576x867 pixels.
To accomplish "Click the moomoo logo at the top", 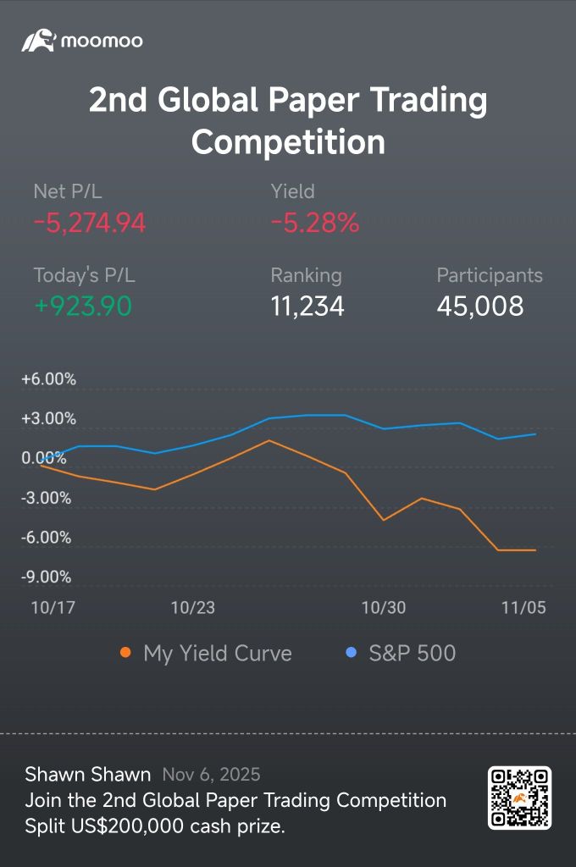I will pyautogui.click(x=82, y=41).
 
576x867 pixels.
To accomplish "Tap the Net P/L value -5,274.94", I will pyautogui.click(x=90, y=223).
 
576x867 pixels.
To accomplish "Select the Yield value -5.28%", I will pyautogui.click(x=315, y=223).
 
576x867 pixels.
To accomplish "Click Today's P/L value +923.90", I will pyautogui.click(x=83, y=306).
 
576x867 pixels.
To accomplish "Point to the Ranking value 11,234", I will pyautogui.click(x=307, y=306).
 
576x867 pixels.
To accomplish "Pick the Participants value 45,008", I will pyautogui.click(x=480, y=306).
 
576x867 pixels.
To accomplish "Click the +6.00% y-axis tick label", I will pyautogui.click(x=49, y=379).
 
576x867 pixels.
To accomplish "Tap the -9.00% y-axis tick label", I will pyautogui.click(x=46, y=577).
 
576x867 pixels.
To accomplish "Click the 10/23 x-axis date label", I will pyautogui.click(x=193, y=607).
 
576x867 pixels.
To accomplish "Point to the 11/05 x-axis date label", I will pyautogui.click(x=523, y=607).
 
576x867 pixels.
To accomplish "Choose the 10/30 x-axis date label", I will pyautogui.click(x=384, y=607).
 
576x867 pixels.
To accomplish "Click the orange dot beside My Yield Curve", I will pyautogui.click(x=126, y=653).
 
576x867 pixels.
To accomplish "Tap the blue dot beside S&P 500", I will pyautogui.click(x=352, y=653).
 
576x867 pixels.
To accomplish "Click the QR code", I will pyautogui.click(x=519, y=798).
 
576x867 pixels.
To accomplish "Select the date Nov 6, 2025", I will pyautogui.click(x=211, y=775).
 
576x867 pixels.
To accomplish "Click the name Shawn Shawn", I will pyautogui.click(x=88, y=775).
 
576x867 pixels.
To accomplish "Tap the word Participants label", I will pyautogui.click(x=490, y=275).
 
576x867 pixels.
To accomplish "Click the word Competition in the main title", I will pyautogui.click(x=288, y=141).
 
